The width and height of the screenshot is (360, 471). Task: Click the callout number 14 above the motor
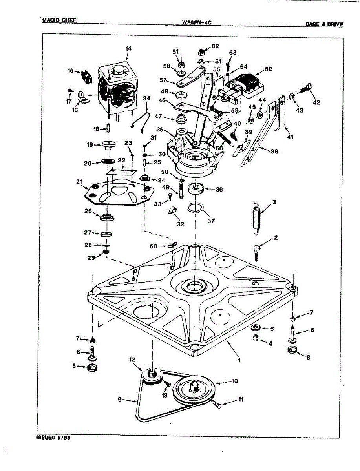pyautogui.click(x=128, y=49)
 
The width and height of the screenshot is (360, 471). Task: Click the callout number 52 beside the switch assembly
pyautogui.click(x=268, y=69)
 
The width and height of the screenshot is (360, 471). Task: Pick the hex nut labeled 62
pyautogui.click(x=201, y=51)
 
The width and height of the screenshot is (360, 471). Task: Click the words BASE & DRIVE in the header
pyautogui.click(x=324, y=24)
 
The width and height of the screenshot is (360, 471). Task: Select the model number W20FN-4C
pyautogui.click(x=197, y=23)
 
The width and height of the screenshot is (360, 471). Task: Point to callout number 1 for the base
pyautogui.click(x=239, y=359)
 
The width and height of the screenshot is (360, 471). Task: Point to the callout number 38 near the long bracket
pyautogui.click(x=274, y=151)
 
